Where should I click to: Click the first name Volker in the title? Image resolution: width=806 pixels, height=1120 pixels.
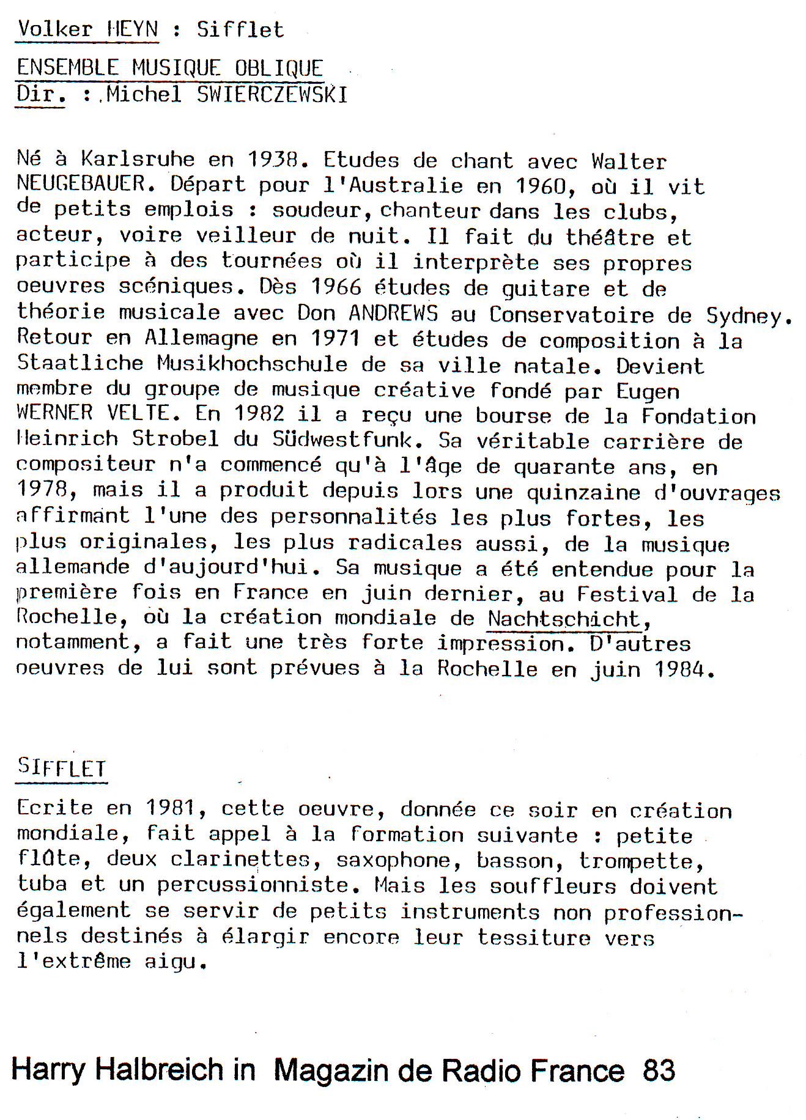(55, 29)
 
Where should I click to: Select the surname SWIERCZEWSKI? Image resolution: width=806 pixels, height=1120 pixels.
(272, 95)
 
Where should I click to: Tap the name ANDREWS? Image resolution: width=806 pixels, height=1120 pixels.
(393, 314)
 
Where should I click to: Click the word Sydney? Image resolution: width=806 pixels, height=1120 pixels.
(749, 315)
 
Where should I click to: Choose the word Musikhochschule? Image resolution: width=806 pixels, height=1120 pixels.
(252, 364)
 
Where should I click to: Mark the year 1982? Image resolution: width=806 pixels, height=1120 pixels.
(259, 414)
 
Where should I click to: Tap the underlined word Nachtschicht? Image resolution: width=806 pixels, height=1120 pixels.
(563, 619)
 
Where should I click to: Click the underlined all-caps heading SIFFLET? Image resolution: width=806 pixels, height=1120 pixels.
(62, 768)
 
